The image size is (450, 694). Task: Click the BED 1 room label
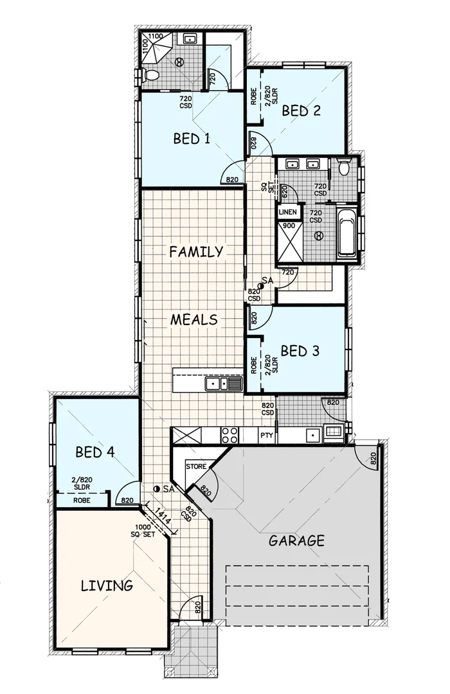(192, 138)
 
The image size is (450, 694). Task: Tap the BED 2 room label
(301, 110)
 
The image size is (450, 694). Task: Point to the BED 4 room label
(94, 452)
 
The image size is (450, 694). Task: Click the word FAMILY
(196, 251)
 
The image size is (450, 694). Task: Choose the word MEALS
(194, 319)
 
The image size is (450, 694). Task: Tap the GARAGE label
(296, 540)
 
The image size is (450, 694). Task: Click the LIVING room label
(107, 585)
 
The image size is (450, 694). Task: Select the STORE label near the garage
(196, 466)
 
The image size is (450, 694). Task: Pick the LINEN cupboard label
(287, 212)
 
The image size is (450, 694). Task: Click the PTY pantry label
(267, 436)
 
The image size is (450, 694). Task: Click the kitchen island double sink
(222, 384)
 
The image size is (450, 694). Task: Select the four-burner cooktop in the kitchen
(230, 434)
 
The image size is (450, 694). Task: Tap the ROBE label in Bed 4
(81, 499)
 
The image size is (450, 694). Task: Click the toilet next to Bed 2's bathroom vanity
(345, 166)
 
